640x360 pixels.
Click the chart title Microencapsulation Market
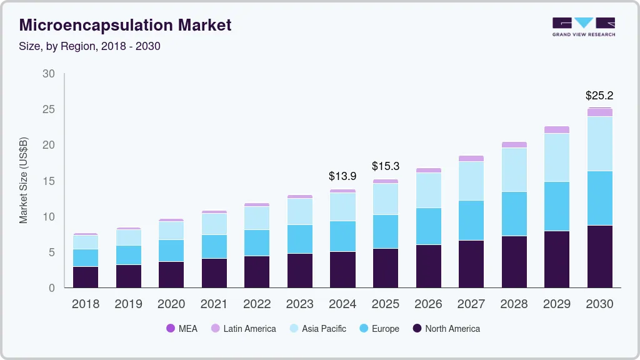tap(125, 25)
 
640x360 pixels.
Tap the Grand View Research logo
tap(583, 26)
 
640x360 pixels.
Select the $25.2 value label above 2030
tap(599, 96)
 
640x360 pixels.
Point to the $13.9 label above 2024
tap(342, 176)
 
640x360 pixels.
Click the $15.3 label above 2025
tap(386, 166)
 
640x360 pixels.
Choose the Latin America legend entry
tap(243, 328)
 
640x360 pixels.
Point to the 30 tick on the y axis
tap(49, 74)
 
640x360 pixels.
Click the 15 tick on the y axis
tap(49, 181)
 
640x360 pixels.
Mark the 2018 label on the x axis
tap(86, 304)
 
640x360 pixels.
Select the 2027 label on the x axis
tap(471, 304)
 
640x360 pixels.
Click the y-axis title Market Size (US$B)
tap(24, 181)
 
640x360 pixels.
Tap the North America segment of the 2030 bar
tap(599, 256)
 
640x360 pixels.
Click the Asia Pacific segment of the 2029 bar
tap(557, 157)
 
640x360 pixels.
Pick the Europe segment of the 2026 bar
tap(428, 226)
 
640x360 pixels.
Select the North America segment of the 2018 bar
tap(86, 277)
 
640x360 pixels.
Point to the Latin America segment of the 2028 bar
tap(514, 144)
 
